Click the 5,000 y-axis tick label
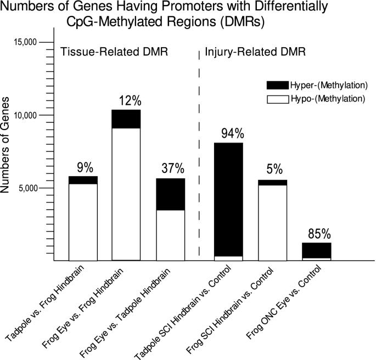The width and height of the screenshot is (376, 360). pos(25,188)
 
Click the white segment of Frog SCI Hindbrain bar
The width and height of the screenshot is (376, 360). pos(272,222)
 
